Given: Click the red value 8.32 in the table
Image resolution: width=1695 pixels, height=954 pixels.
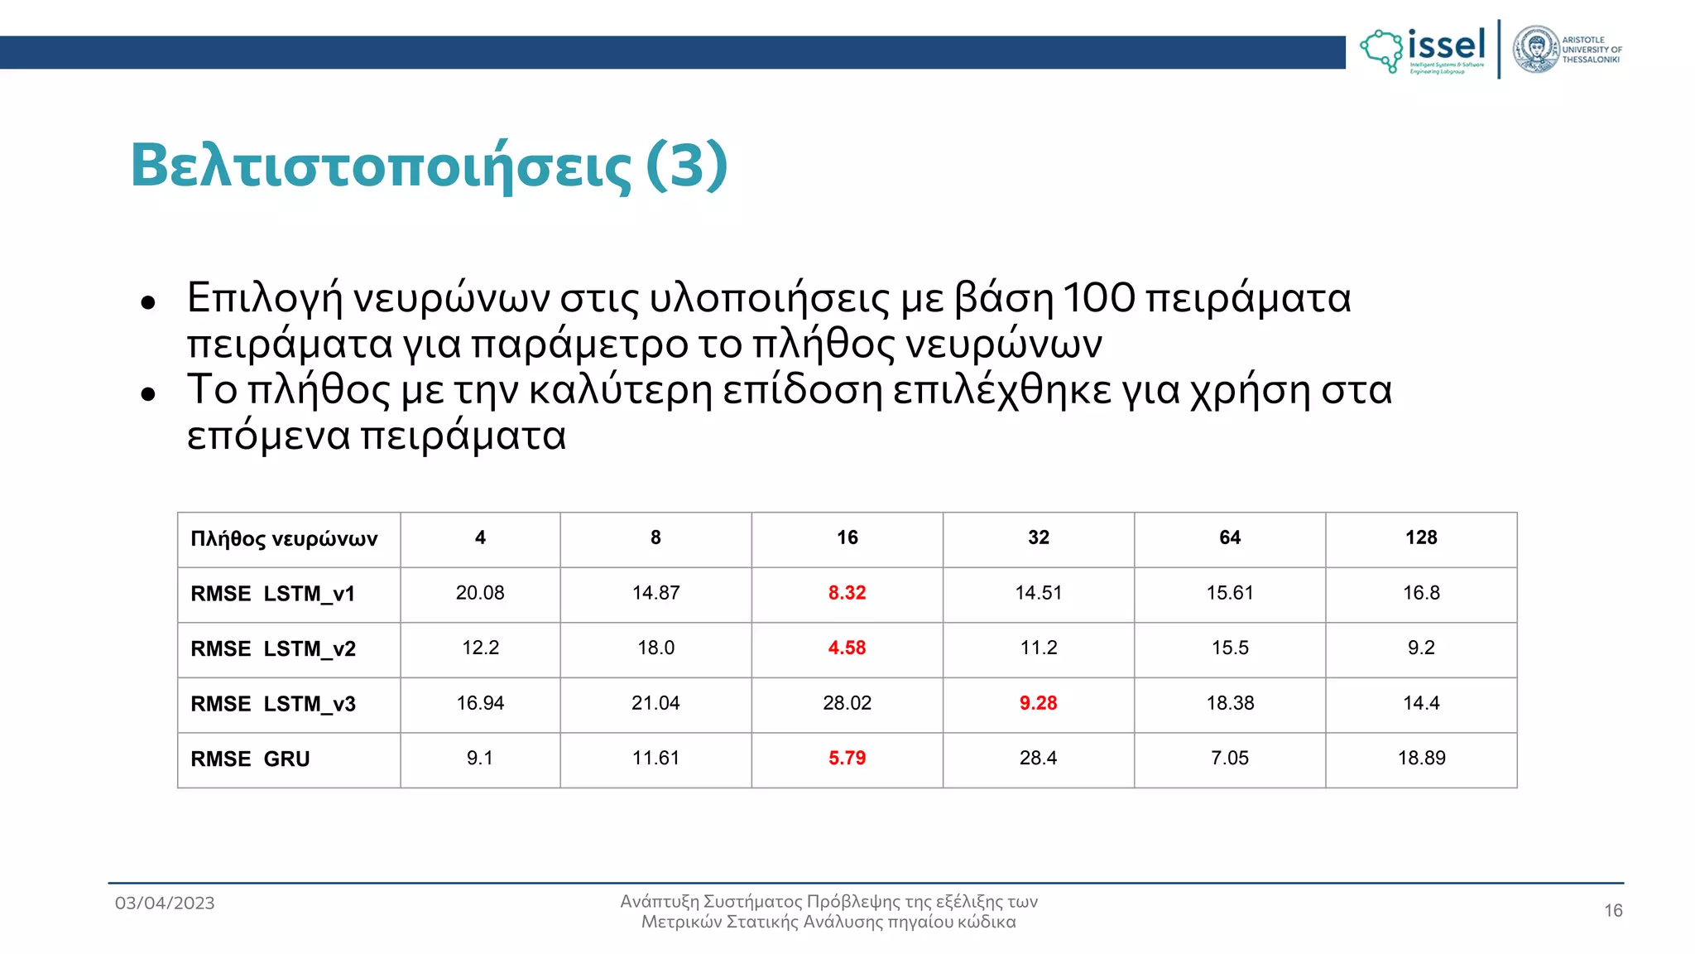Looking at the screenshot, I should click(x=847, y=593).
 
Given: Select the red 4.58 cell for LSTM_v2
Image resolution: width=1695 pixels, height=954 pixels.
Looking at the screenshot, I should click(x=847, y=648).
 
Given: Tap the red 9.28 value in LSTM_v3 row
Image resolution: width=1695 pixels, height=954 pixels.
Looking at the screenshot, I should click(x=1038, y=703).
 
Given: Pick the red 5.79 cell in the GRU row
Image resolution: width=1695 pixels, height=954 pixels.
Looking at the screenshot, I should click(x=847, y=758).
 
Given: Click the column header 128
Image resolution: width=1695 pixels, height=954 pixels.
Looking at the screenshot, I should click(x=1421, y=537).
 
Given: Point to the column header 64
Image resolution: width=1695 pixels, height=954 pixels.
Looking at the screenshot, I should click(x=1230, y=537).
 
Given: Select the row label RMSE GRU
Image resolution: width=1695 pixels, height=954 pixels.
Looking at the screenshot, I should click(x=250, y=759).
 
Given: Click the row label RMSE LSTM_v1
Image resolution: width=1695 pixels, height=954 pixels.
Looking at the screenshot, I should click(x=272, y=594).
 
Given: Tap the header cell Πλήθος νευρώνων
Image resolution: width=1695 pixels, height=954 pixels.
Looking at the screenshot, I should click(x=284, y=539).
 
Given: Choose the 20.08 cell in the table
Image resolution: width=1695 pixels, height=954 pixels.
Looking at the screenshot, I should click(x=480, y=593).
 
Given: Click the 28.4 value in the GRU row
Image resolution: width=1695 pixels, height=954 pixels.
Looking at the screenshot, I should click(x=1038, y=758).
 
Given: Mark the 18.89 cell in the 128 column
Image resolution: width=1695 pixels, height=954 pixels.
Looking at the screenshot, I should click(x=1421, y=758).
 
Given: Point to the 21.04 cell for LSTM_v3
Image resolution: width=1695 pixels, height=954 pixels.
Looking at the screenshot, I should click(x=655, y=703).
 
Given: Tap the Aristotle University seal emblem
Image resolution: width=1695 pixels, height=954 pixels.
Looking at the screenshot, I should click(x=1536, y=50).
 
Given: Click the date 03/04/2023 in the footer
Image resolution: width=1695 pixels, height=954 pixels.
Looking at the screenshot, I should click(x=165, y=903).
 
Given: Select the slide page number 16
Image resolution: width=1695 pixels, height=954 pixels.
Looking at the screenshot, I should click(x=1613, y=911).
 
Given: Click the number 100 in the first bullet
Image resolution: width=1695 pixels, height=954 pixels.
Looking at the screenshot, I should click(x=1098, y=298).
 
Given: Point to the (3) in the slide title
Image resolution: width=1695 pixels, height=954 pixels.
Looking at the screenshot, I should click(x=686, y=166).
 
